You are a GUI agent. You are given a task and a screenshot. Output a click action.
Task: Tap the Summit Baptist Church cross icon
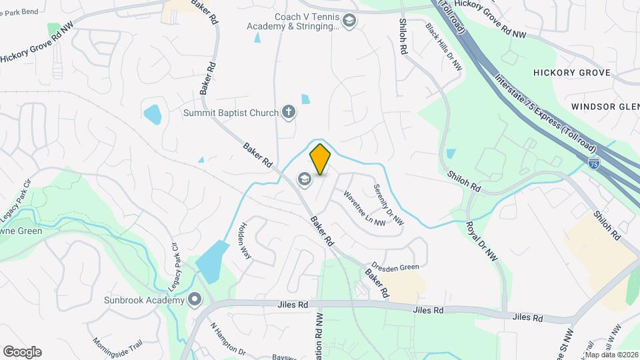(x=288, y=112)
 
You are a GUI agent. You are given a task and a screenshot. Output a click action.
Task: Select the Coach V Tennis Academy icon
(x=349, y=21)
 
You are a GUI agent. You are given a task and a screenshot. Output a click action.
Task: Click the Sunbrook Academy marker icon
(x=195, y=299)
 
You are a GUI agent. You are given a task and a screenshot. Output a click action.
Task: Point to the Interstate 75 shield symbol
(x=594, y=162)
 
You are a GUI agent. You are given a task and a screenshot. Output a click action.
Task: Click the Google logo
(x=22, y=352)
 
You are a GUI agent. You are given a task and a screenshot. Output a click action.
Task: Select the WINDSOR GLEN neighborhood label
(x=605, y=107)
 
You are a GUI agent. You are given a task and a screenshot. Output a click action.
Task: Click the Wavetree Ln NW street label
(x=364, y=208)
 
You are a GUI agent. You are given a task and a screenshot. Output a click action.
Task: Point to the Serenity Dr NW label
(x=388, y=203)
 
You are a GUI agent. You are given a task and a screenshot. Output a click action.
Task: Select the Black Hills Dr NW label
(x=444, y=46)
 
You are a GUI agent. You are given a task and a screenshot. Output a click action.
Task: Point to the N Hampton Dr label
(x=228, y=339)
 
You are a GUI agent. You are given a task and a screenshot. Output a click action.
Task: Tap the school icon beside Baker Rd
(x=305, y=179)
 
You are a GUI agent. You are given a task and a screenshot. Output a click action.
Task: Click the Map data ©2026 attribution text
(x=611, y=354)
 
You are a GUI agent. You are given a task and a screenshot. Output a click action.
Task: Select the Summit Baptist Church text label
(x=231, y=113)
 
